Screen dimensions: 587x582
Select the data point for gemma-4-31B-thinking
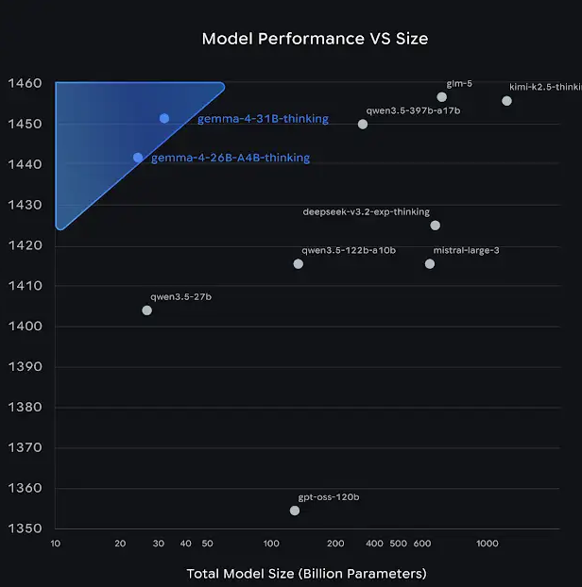click(x=164, y=118)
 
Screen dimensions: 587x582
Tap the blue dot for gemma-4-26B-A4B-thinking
click(x=138, y=158)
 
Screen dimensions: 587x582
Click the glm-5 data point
click(x=442, y=97)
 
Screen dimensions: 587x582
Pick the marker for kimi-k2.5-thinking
click(x=506, y=101)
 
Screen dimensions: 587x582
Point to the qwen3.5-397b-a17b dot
click(x=363, y=124)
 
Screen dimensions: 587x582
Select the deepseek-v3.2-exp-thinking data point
click(x=436, y=225)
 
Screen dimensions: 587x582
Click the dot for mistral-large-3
click(x=430, y=264)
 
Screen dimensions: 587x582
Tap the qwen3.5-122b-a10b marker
click(x=299, y=264)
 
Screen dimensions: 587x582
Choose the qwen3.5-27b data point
click(x=146, y=310)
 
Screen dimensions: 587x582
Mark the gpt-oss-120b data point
click(x=295, y=511)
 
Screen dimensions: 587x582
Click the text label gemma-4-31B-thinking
click(x=263, y=119)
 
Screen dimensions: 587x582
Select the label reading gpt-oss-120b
click(x=329, y=496)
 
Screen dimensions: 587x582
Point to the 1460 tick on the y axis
click(x=27, y=84)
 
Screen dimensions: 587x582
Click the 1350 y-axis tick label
click(x=27, y=528)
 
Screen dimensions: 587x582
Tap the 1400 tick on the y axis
click(x=27, y=327)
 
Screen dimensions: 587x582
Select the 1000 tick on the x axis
click(x=487, y=545)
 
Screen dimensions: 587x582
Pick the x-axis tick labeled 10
click(x=56, y=545)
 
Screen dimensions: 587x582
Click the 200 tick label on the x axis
click(x=335, y=545)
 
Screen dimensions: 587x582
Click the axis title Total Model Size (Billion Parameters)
click(x=306, y=573)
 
